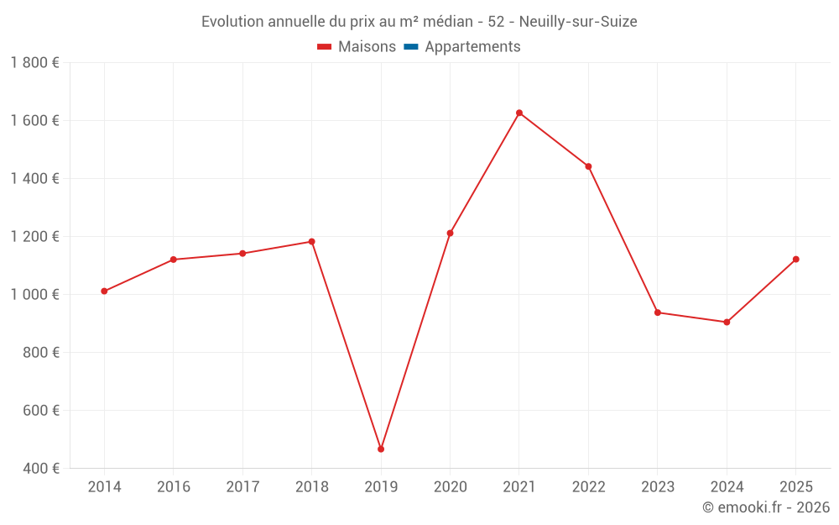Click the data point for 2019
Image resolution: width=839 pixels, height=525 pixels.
tap(381, 449)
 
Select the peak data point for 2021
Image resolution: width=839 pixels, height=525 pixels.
tap(519, 113)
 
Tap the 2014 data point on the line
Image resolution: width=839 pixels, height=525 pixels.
tap(104, 291)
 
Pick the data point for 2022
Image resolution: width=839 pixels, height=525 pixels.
tap(588, 166)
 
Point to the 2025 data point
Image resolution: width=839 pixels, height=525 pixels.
tap(795, 260)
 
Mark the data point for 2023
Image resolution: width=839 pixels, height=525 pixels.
tap(658, 312)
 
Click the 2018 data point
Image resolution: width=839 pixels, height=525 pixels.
tap(311, 242)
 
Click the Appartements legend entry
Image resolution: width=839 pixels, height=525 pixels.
tap(472, 47)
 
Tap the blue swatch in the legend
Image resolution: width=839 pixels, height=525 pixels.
tap(411, 47)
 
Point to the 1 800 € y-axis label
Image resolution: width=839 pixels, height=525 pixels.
tap(34, 63)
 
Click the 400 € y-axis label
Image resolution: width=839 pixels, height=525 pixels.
tap(42, 469)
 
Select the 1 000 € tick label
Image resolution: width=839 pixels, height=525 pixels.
tap(34, 295)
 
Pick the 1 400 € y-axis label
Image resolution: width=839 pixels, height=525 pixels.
tap(34, 179)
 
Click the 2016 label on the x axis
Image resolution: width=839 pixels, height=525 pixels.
tap(174, 487)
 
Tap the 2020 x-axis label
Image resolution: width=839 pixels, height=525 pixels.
tap(450, 487)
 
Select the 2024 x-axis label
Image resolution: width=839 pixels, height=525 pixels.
tap(727, 487)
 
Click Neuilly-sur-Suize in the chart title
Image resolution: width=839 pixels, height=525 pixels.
tap(578, 22)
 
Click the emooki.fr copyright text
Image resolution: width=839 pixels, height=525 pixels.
tap(766, 507)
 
